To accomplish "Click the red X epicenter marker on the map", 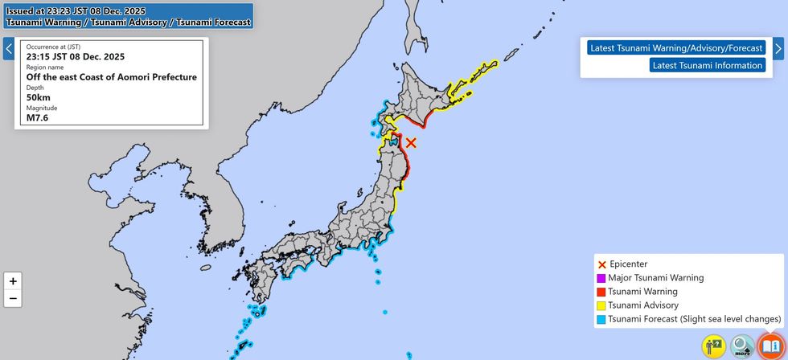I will (x=411, y=142).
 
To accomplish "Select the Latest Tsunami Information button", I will (x=708, y=65).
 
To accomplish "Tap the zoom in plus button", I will (x=13, y=281).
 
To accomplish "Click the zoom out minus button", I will (x=13, y=299).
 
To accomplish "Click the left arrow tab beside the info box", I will (x=8, y=49).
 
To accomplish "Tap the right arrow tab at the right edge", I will (x=778, y=48).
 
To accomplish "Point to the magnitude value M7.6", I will (x=39, y=118).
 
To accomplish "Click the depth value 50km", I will (x=39, y=98).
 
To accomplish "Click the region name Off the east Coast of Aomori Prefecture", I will (x=111, y=77).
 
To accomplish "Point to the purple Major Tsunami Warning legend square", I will (x=601, y=278).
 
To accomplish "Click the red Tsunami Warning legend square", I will (x=601, y=292).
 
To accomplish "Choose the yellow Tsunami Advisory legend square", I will (x=601, y=305).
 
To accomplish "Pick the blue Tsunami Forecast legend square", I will (x=601, y=319).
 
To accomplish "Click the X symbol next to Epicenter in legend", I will (x=601, y=264).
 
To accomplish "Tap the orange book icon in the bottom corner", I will (x=770, y=346).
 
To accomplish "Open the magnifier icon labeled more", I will (x=742, y=346).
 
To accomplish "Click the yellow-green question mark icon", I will (x=713, y=346).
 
